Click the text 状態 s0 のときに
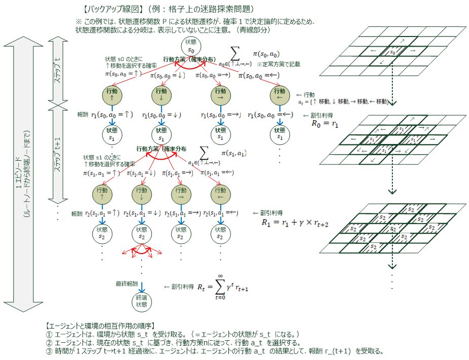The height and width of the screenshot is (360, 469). point(123,59)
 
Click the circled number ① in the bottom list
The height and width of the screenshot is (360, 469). point(49,334)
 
